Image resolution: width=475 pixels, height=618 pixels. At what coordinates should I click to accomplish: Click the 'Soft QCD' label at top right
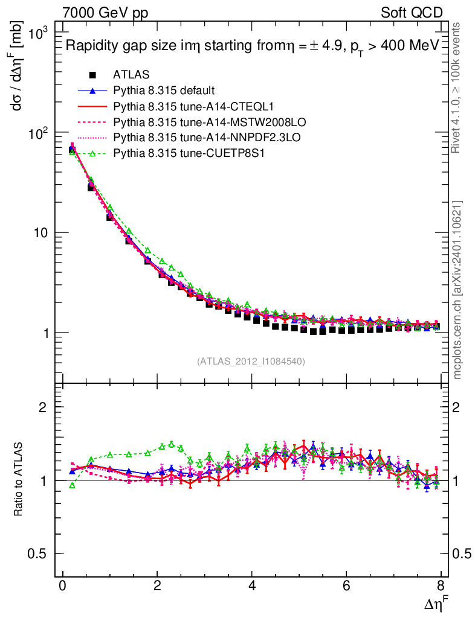412,13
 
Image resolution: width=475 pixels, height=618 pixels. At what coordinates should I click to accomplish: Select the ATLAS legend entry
131,75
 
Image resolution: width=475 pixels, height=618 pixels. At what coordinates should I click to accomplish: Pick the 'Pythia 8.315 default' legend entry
163,91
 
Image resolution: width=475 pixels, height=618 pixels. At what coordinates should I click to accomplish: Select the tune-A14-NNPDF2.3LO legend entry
187,138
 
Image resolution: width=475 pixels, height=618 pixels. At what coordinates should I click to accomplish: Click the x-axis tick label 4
252,587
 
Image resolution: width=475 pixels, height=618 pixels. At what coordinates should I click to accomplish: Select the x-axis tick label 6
346,587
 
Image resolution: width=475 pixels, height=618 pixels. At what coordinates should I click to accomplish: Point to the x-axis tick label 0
62,587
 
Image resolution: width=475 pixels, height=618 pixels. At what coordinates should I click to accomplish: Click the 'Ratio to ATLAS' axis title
19,480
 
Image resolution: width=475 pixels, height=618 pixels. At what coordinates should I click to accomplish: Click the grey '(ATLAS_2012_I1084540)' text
251,362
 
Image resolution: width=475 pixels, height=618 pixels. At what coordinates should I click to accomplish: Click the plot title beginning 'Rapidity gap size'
251,46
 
